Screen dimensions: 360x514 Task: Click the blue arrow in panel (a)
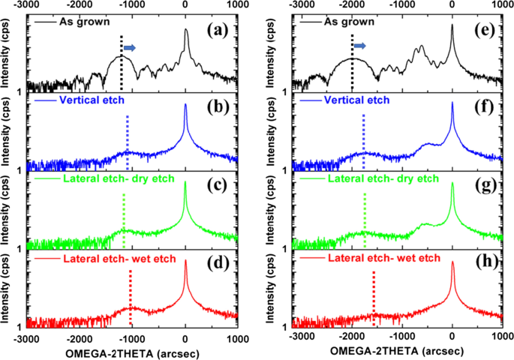point(130,48)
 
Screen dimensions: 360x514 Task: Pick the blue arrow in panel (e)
point(361,46)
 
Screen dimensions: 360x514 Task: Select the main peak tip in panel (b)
point(185,104)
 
